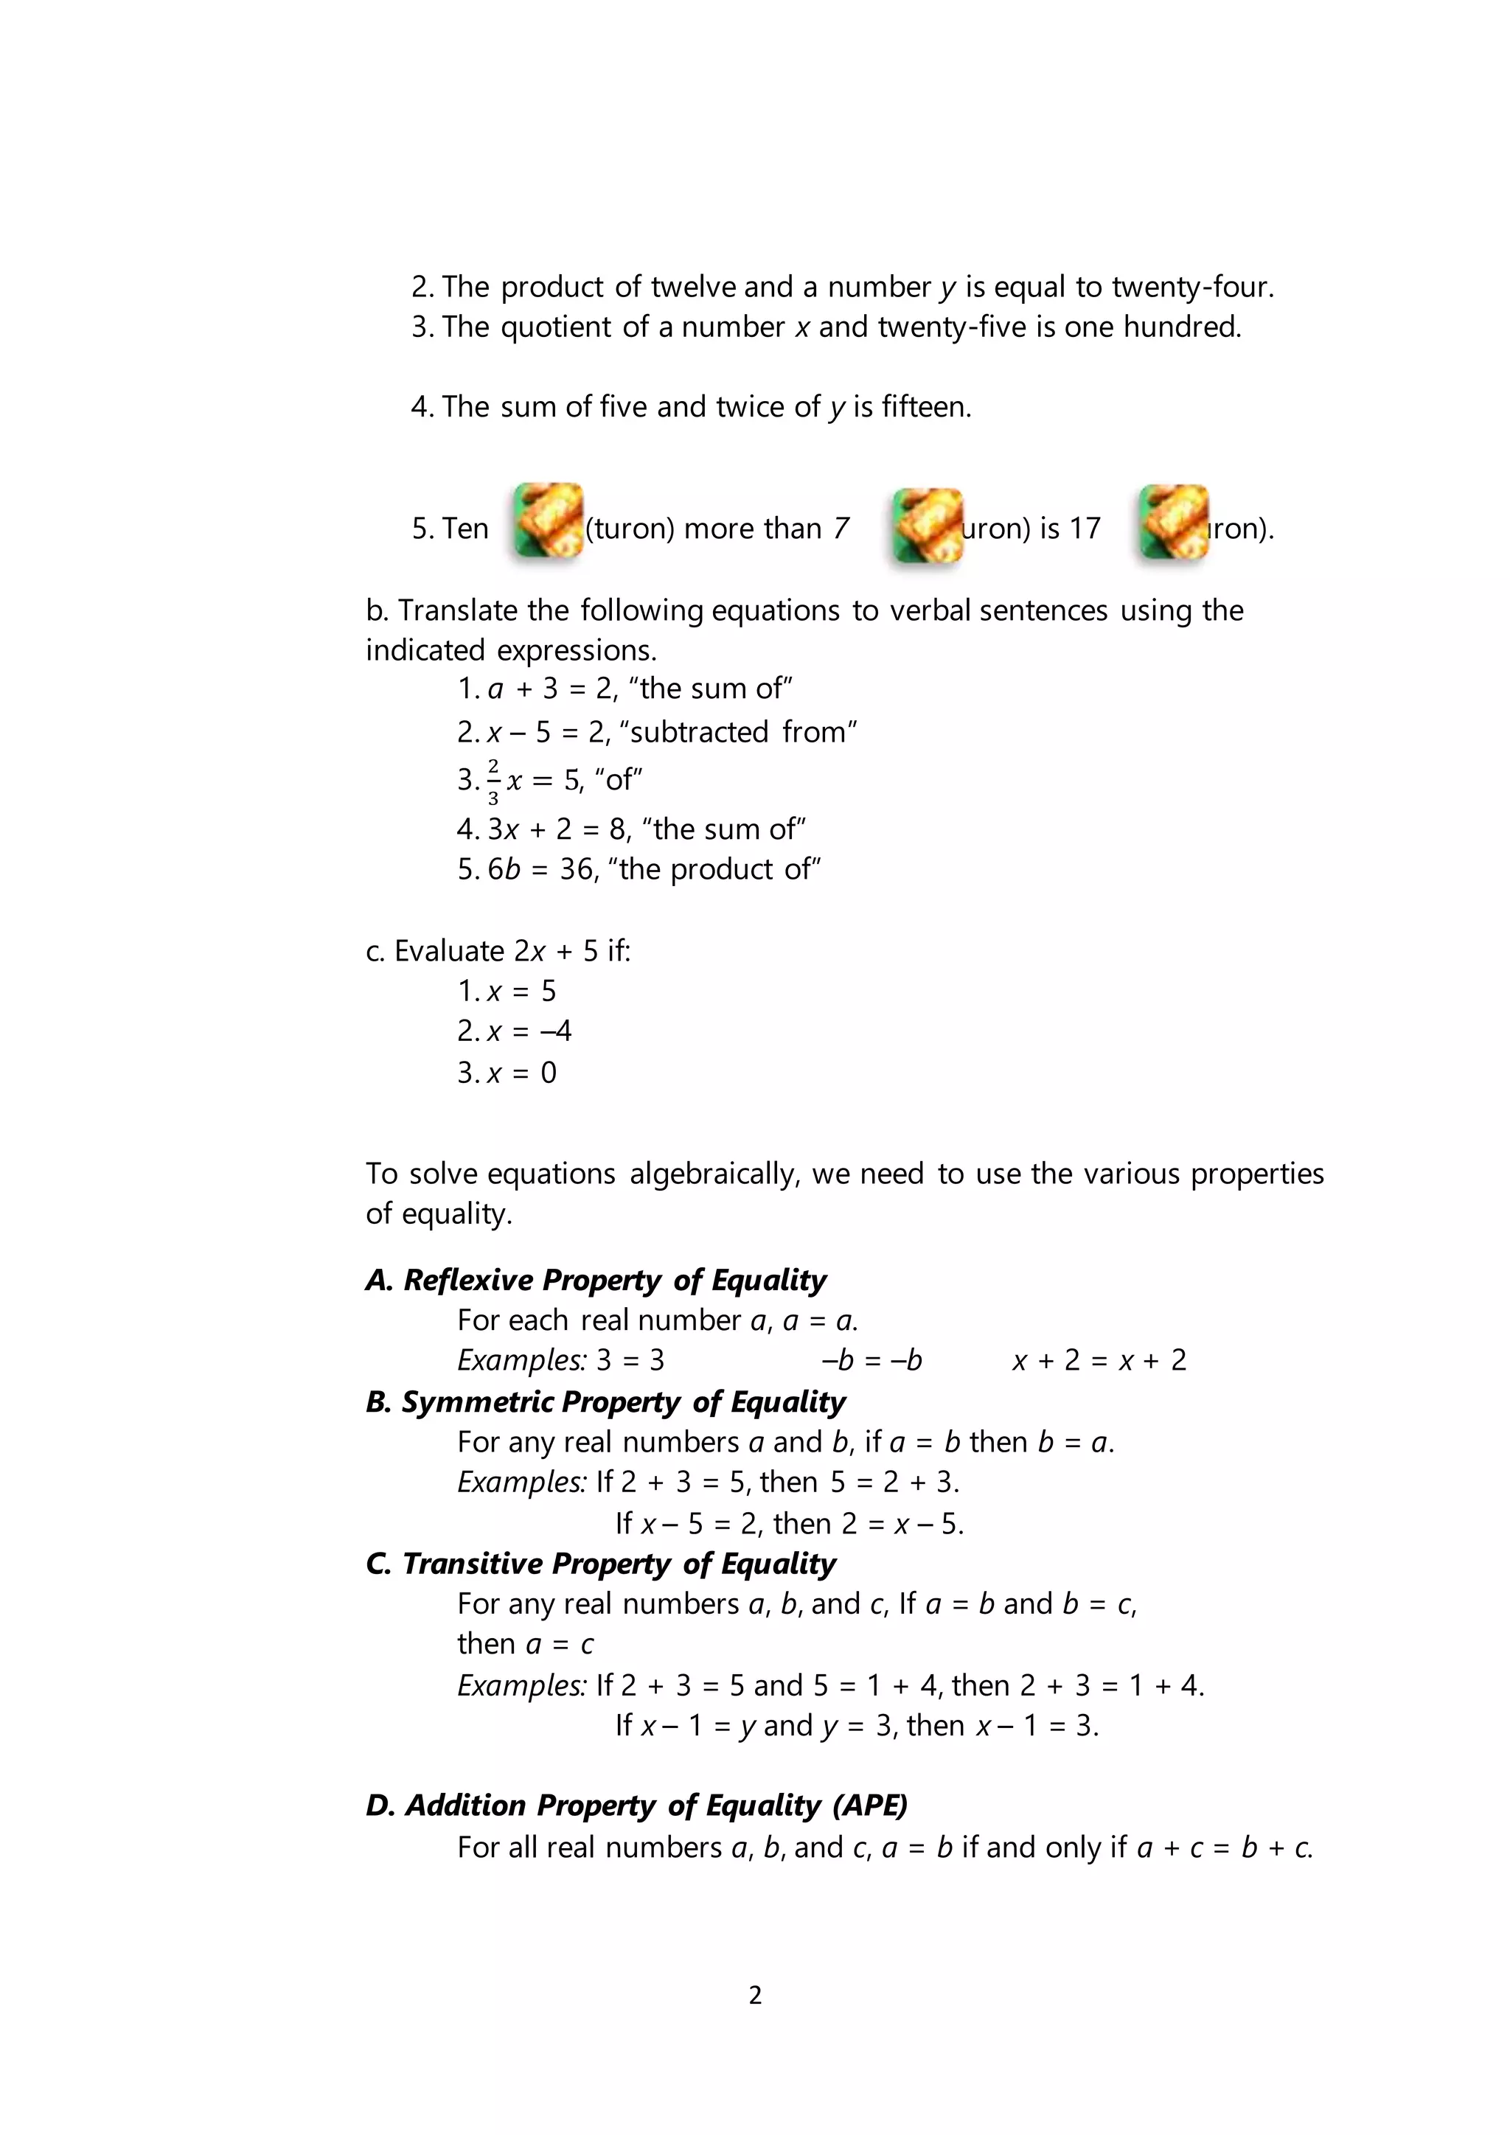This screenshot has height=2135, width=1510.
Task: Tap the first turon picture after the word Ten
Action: pyautogui.click(x=549, y=520)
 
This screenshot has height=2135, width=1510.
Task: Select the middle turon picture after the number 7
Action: pyautogui.click(x=927, y=526)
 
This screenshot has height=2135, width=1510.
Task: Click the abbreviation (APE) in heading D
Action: pyautogui.click(x=869, y=1805)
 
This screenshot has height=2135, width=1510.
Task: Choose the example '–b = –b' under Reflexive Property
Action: pyautogui.click(x=871, y=1360)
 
